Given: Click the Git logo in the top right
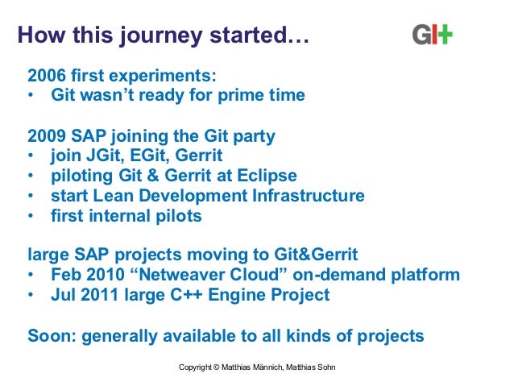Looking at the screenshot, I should [432, 35].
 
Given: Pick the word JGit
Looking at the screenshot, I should [103, 156].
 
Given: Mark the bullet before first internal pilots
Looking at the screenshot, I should [31, 216].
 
